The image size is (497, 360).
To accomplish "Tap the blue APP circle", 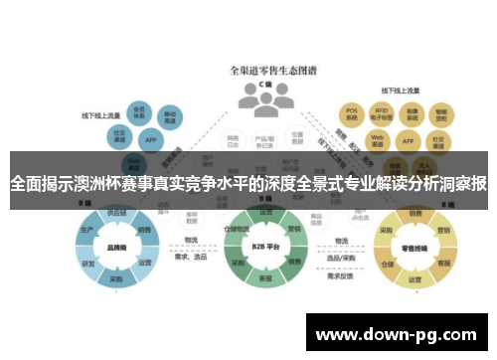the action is click(x=150, y=140).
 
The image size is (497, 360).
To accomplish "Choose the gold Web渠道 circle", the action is click(x=377, y=137).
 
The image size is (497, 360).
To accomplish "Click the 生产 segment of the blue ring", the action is click(x=86, y=230).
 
